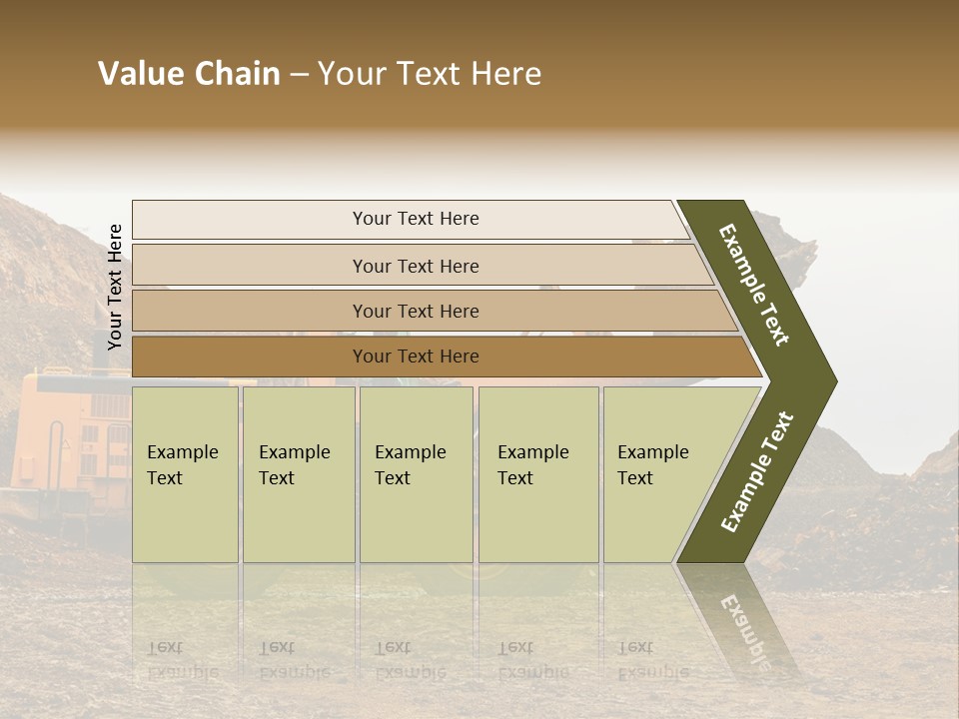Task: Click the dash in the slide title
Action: click(x=299, y=75)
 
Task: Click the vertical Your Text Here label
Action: click(x=115, y=287)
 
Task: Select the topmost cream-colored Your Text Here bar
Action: click(x=415, y=219)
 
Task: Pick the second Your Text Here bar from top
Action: click(x=415, y=266)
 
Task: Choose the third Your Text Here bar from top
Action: click(x=415, y=311)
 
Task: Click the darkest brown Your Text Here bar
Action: click(x=415, y=357)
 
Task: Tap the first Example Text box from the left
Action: click(x=185, y=474)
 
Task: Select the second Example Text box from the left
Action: click(x=298, y=474)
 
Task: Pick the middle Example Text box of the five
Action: click(x=416, y=474)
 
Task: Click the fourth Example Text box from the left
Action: click(x=537, y=474)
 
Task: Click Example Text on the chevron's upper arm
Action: click(x=754, y=285)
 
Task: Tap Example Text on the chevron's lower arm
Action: click(x=757, y=472)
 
